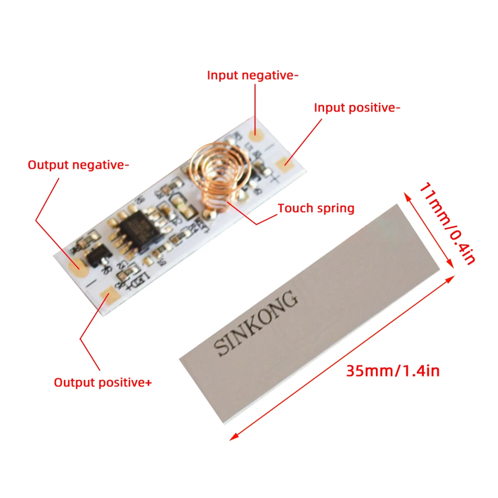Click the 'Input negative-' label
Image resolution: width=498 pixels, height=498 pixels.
pos(252,75)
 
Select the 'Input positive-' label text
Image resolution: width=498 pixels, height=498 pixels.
pos(357,107)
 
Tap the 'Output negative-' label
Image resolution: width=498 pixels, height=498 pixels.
pos(78,165)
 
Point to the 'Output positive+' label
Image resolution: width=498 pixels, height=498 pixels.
pos(103,382)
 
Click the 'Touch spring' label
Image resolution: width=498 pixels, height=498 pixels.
pos(316,208)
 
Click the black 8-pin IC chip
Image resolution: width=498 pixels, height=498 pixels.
pos(136,231)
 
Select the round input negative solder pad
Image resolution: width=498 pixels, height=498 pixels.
pos(258,134)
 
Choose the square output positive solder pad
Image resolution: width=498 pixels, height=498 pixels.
pos(108,298)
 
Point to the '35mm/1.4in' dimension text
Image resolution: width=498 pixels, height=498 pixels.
pos(392,371)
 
